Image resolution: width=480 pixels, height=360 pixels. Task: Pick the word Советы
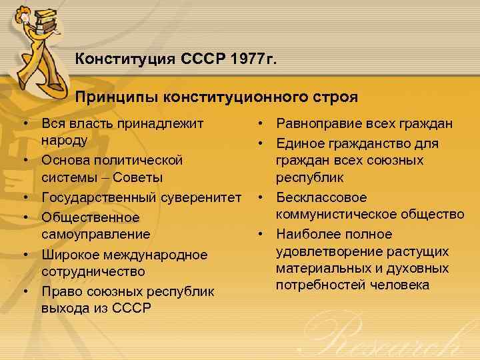(x=141, y=177)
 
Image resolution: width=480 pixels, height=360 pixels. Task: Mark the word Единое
(x=300, y=143)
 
